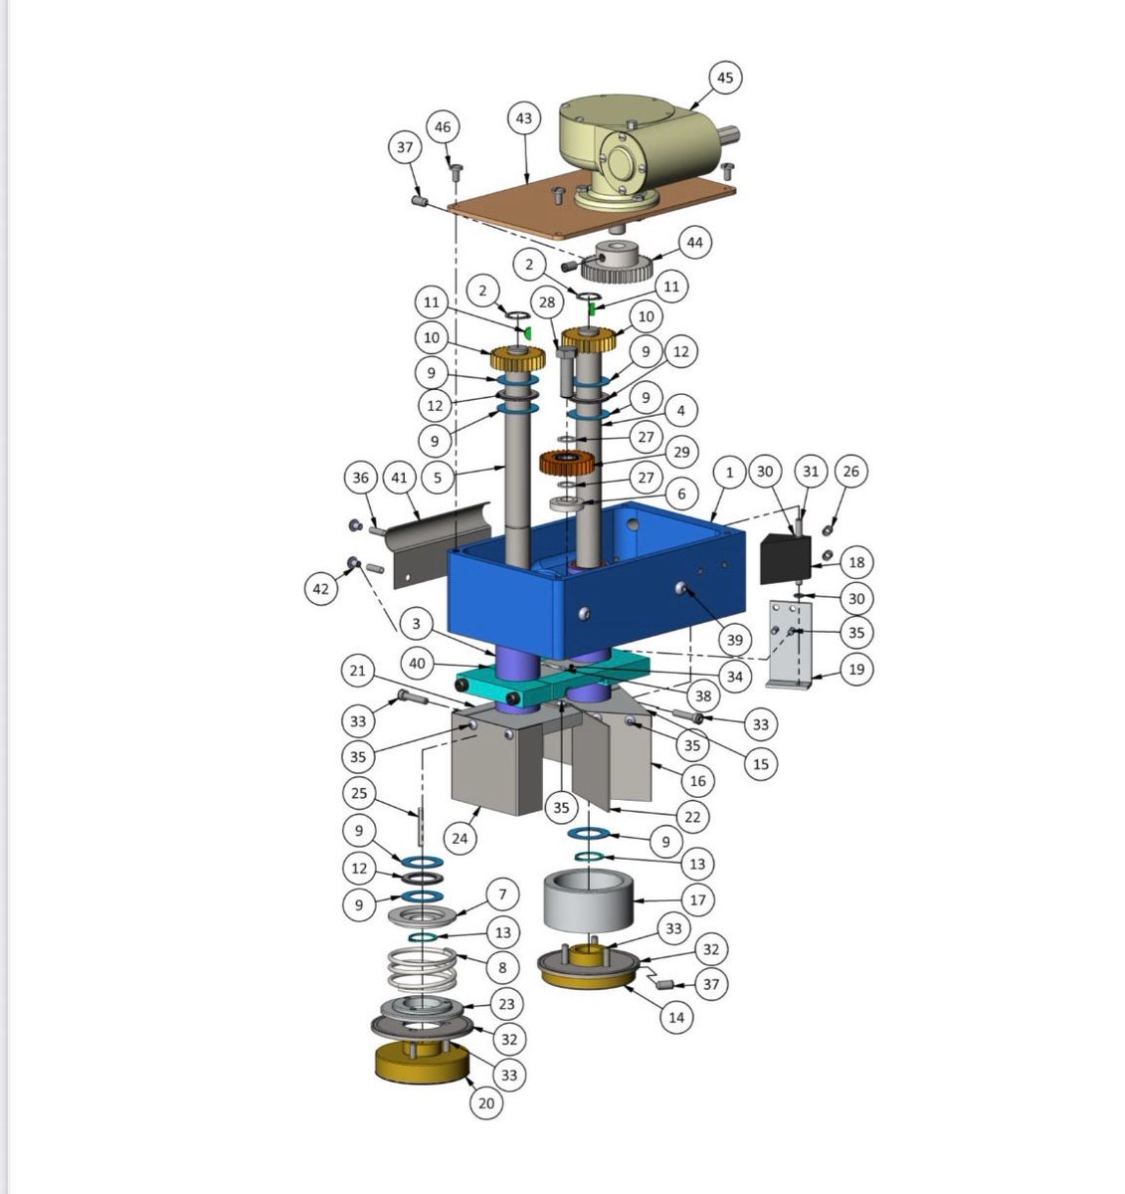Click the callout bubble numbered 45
tap(724, 78)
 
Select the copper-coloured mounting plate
tap(592, 204)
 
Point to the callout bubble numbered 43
tap(524, 118)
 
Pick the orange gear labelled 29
tap(567, 463)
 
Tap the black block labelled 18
tap(785, 559)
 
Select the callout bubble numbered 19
tap(856, 669)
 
